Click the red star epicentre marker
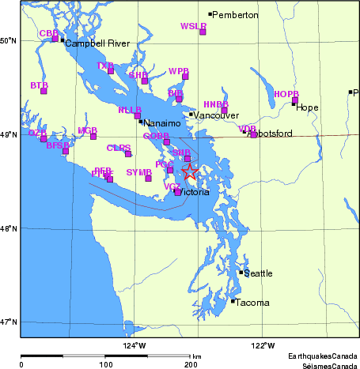pos(190,172)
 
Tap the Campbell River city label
pos(90,43)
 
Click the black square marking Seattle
pos(241,273)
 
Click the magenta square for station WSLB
pos(203,32)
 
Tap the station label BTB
pos(39,85)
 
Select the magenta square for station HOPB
pos(295,100)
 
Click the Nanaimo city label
pos(163,123)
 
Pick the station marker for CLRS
pos(128,153)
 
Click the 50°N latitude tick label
pos(9,40)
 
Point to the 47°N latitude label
pos(9,322)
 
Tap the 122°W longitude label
pos(263,345)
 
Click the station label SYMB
pos(138,171)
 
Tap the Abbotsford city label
pos(271,134)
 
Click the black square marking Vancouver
pos(191,115)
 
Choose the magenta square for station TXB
pos(111,71)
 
